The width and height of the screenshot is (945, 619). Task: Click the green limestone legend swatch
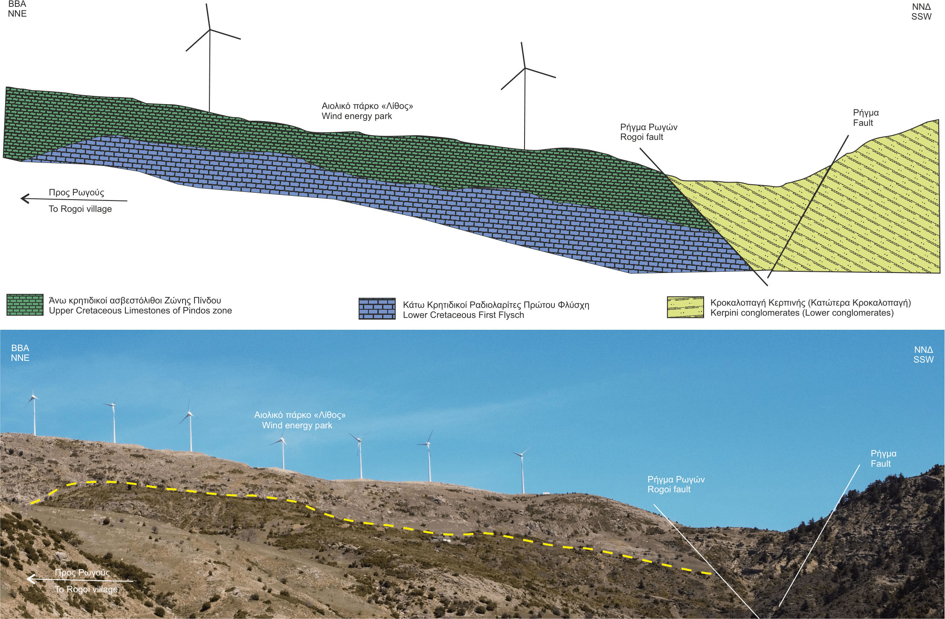(25, 305)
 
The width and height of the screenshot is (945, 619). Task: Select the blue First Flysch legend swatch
(377, 308)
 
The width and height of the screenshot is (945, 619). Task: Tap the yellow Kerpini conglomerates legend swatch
(685, 307)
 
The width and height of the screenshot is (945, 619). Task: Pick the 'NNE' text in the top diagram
(17, 14)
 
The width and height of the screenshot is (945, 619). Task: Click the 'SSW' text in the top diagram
(921, 17)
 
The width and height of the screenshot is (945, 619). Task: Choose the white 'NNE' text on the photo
(20, 358)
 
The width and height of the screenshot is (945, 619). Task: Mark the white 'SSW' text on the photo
(923, 360)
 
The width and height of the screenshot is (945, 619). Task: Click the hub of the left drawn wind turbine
(210, 29)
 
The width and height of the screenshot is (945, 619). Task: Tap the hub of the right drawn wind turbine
(525, 68)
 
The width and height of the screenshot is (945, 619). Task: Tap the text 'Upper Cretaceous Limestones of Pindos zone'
(140, 311)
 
